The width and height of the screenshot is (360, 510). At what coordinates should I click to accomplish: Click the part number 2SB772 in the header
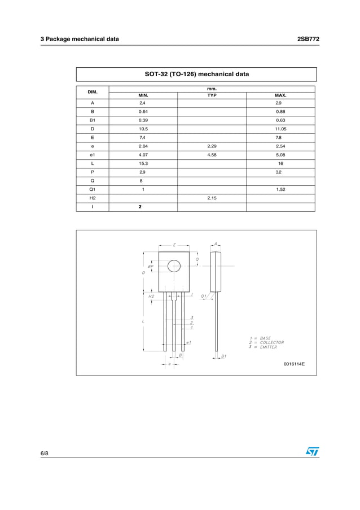(x=308, y=39)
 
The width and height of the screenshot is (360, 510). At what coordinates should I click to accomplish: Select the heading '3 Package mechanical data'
(x=80, y=39)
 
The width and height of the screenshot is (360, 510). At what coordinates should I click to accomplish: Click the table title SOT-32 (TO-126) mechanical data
(x=196, y=74)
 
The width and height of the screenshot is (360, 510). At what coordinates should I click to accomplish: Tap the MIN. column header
(x=143, y=95)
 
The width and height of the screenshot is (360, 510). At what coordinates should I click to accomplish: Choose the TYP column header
(x=212, y=95)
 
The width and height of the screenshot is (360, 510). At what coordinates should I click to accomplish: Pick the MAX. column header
(x=280, y=95)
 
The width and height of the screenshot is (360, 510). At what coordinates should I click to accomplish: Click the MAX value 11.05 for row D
(x=280, y=129)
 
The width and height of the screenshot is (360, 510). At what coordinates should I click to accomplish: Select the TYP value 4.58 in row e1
(x=212, y=155)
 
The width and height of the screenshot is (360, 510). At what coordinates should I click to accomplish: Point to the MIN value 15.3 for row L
(x=143, y=163)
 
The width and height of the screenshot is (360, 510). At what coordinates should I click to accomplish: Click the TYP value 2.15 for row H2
(x=212, y=198)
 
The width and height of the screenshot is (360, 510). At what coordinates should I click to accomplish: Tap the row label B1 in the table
(x=92, y=120)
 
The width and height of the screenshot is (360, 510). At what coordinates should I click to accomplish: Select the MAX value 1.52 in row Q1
(x=280, y=190)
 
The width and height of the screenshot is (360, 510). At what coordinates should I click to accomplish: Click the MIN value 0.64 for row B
(x=143, y=112)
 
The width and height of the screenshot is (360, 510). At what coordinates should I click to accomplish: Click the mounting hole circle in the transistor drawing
(x=174, y=265)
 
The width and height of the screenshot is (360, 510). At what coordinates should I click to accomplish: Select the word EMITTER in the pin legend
(x=269, y=347)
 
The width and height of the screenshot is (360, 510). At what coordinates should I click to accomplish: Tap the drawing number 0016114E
(x=294, y=364)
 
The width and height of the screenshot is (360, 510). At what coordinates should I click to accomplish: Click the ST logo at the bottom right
(x=312, y=452)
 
